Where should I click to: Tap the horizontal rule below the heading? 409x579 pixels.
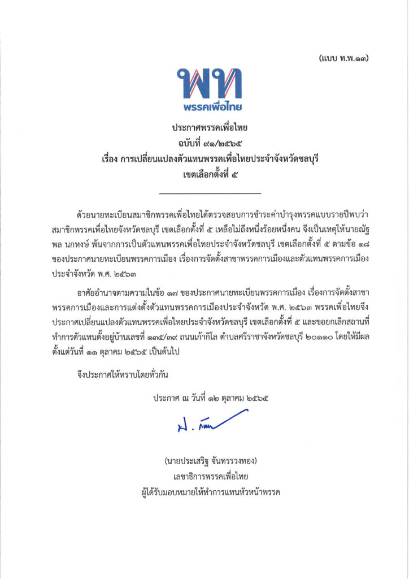coord(204,194)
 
